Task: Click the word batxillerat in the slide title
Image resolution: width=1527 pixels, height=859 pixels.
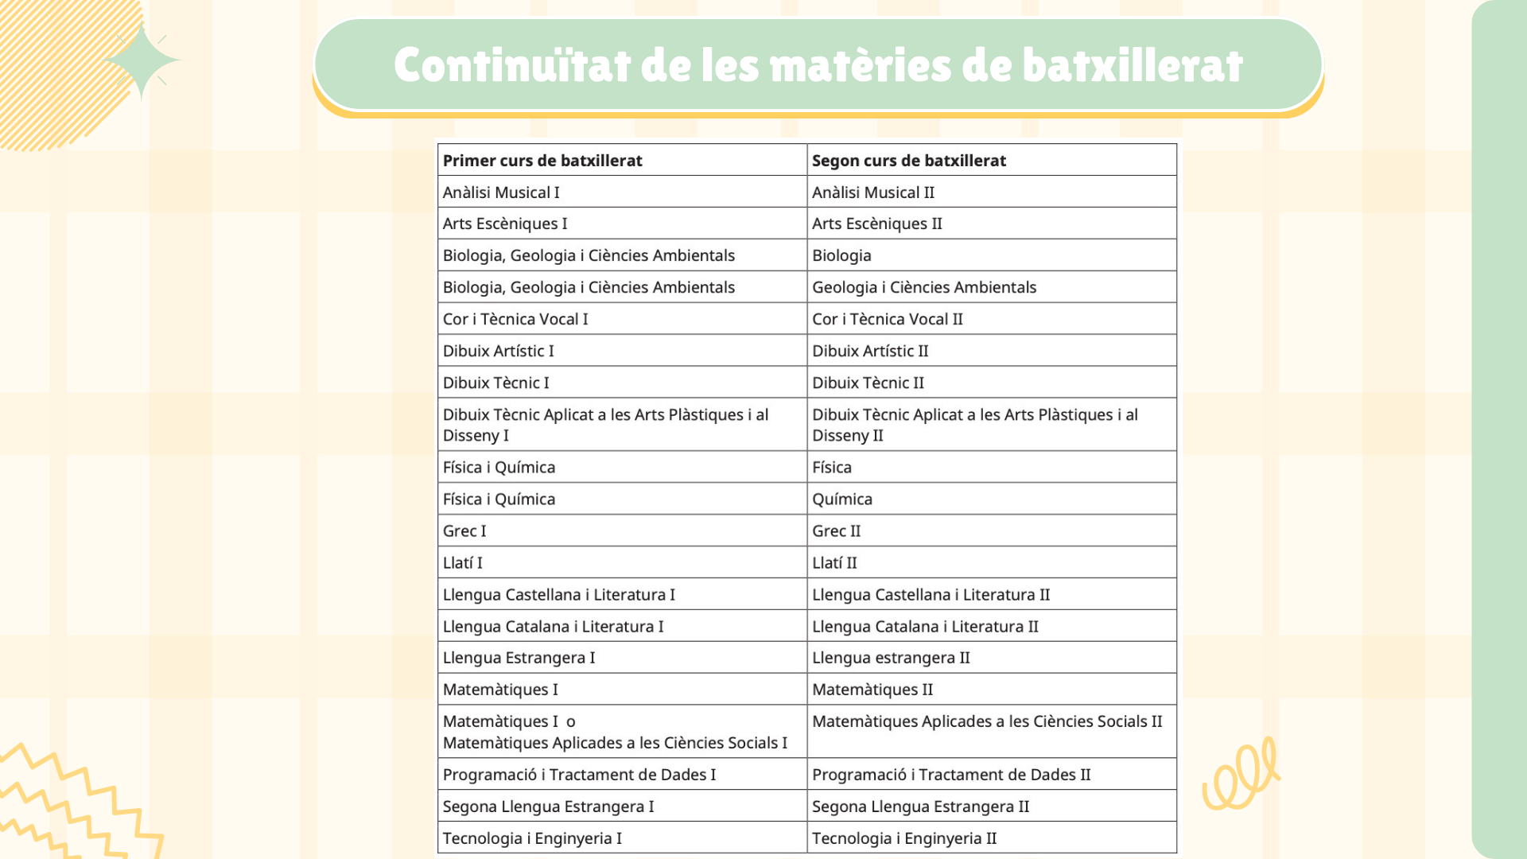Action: [1133, 65]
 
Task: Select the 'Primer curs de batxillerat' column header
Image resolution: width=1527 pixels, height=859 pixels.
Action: [542, 161]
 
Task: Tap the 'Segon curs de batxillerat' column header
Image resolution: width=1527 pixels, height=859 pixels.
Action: [908, 161]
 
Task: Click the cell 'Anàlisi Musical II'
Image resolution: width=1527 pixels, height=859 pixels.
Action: [873, 192]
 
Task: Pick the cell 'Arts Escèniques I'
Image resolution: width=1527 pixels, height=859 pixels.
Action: [505, 223]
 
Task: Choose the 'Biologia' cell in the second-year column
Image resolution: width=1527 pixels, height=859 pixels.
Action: [841, 255]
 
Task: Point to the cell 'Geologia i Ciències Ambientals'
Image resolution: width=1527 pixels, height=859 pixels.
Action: [924, 287]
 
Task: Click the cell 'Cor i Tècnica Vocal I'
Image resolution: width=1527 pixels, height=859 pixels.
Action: [515, 319]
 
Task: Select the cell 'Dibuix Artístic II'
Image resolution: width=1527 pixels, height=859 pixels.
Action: [870, 351]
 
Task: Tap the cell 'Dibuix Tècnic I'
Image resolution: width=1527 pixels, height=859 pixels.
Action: [496, 383]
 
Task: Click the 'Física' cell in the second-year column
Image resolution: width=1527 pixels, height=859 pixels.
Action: [832, 467]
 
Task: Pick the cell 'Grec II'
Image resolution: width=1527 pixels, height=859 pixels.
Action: [837, 531]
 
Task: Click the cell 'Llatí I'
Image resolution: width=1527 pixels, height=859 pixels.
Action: [463, 562]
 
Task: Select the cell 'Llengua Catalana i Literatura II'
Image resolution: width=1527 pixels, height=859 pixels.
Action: [925, 626]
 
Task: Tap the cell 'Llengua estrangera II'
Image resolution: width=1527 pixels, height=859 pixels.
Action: [891, 658]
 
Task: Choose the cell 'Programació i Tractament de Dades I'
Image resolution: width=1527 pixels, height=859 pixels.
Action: [579, 775]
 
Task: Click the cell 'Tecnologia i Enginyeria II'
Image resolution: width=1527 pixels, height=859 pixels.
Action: [904, 838]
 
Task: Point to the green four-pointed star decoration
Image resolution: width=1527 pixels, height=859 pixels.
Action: [142, 61]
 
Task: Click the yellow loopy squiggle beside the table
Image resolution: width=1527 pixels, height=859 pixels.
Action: [1241, 774]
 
